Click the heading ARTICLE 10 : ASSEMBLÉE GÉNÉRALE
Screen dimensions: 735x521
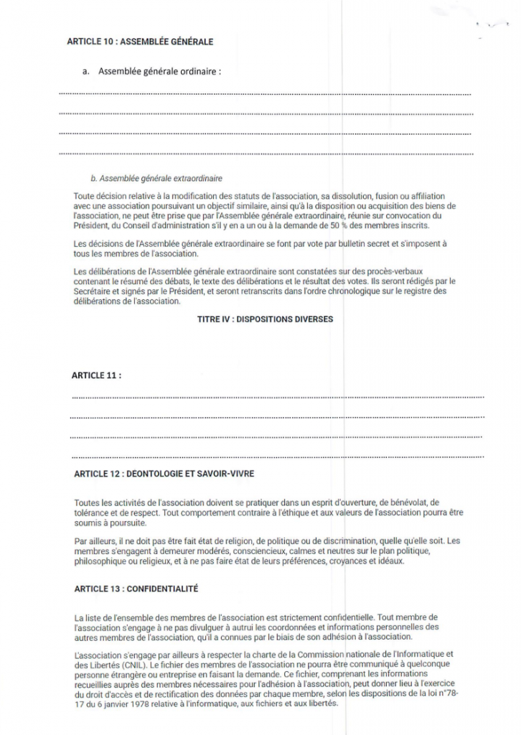[x=140, y=42]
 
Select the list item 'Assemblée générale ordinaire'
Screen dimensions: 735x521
[x=159, y=72]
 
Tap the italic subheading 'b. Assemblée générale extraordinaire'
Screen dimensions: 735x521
[x=156, y=177]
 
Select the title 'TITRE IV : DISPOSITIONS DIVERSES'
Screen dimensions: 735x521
[x=265, y=319]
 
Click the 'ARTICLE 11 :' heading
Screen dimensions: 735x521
[x=96, y=375]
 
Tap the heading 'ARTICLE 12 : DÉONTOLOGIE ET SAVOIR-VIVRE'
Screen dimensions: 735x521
[x=164, y=474]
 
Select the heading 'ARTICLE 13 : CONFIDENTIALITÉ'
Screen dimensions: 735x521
[x=136, y=589]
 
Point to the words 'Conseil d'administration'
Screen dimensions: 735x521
[x=151, y=225]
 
